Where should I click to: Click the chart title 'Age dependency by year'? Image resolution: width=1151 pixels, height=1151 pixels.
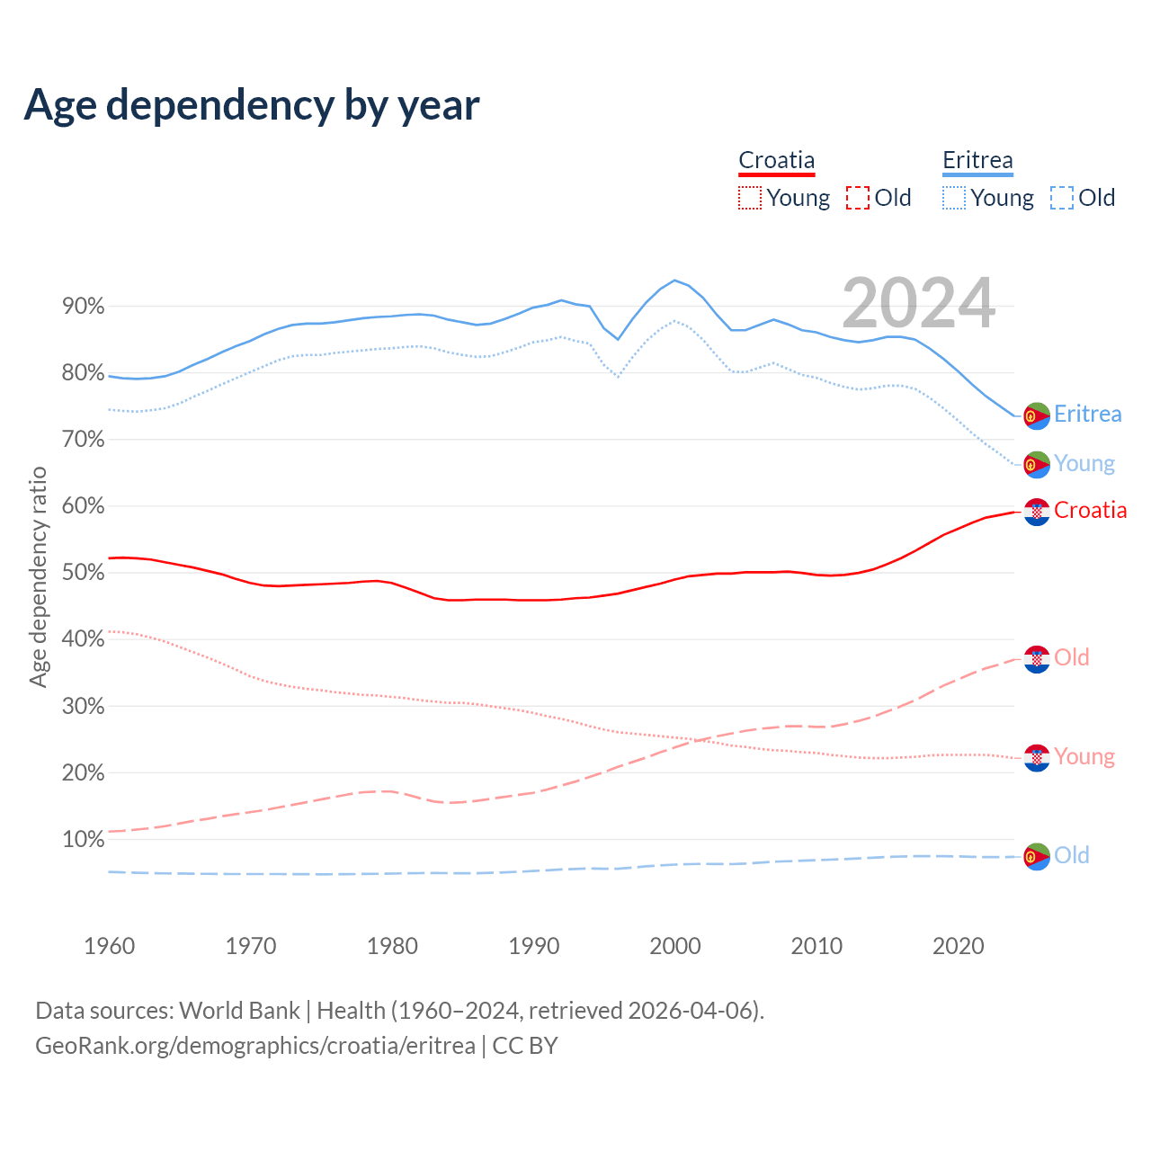point(252,105)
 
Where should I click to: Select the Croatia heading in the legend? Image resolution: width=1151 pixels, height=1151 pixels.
point(776,161)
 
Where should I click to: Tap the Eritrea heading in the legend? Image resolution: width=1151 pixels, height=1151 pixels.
point(977,161)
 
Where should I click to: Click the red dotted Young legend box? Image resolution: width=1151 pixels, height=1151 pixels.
point(749,198)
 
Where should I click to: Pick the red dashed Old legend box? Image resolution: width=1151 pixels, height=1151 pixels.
point(858,198)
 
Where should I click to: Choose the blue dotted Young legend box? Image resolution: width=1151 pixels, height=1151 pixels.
point(954,198)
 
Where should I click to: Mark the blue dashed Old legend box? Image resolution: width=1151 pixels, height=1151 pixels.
point(1062,198)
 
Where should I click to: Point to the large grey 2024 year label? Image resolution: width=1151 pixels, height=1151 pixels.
point(918,303)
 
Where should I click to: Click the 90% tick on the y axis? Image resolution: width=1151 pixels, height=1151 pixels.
point(83,307)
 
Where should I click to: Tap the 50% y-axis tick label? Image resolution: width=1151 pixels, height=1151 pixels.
point(83,573)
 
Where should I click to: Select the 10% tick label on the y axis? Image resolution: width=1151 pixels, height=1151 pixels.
point(83,840)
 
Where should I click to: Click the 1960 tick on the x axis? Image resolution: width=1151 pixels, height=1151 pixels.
point(109,946)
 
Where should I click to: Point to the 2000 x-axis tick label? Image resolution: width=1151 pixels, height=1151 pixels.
point(675,946)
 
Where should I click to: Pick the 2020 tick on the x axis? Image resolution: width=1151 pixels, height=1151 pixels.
point(958,946)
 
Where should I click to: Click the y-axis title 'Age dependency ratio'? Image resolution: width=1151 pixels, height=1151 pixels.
point(38,576)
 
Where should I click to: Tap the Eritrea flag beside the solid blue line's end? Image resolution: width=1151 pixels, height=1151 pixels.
point(1037,415)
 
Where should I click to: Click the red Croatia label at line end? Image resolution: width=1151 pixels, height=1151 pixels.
point(1090,511)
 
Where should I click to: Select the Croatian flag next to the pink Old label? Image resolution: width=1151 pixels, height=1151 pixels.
point(1037,659)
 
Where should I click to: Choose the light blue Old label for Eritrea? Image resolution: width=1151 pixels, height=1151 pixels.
point(1072,855)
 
